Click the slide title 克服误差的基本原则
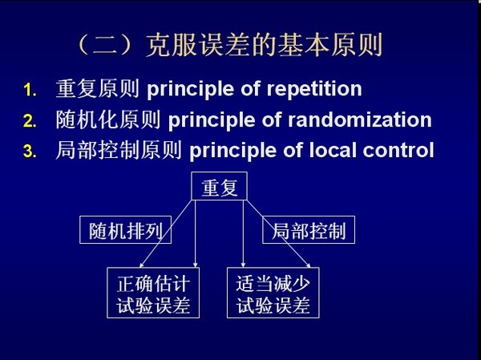264,45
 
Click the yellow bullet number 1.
30,91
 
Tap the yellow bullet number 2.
30,121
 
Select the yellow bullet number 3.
30,152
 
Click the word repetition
314,89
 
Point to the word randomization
359,119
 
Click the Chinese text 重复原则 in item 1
98,89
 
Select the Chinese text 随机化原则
108,119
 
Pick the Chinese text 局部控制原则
119,150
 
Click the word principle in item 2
212,120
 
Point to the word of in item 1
250,89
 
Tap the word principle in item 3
233,152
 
